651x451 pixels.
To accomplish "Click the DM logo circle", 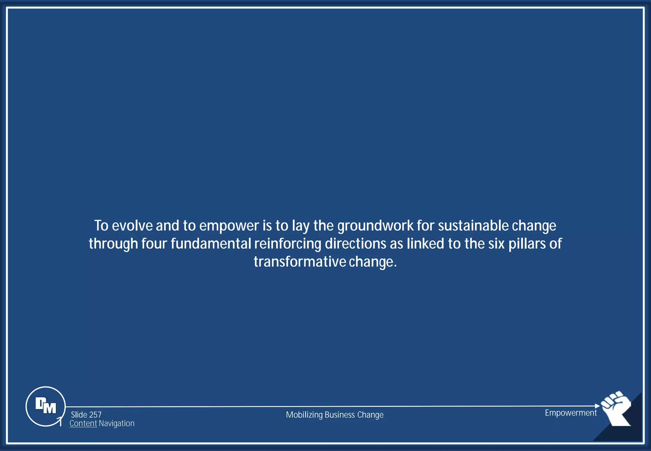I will [45, 406].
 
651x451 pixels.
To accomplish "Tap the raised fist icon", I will [616, 408].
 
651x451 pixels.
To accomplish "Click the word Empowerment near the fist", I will [571, 413].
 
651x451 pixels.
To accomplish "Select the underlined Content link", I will [83, 423].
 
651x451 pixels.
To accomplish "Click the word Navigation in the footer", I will [117, 423].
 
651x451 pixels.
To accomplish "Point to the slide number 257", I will [95, 415].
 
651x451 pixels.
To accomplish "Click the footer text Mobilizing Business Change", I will [334, 415].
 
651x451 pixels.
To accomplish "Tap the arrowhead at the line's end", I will [597, 406].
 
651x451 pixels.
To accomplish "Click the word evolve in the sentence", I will [132, 226].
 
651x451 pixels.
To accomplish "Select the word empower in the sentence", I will [229, 226].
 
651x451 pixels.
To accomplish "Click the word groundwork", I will [375, 226].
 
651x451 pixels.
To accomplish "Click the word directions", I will [355, 244].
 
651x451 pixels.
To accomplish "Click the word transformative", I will [299, 262].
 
